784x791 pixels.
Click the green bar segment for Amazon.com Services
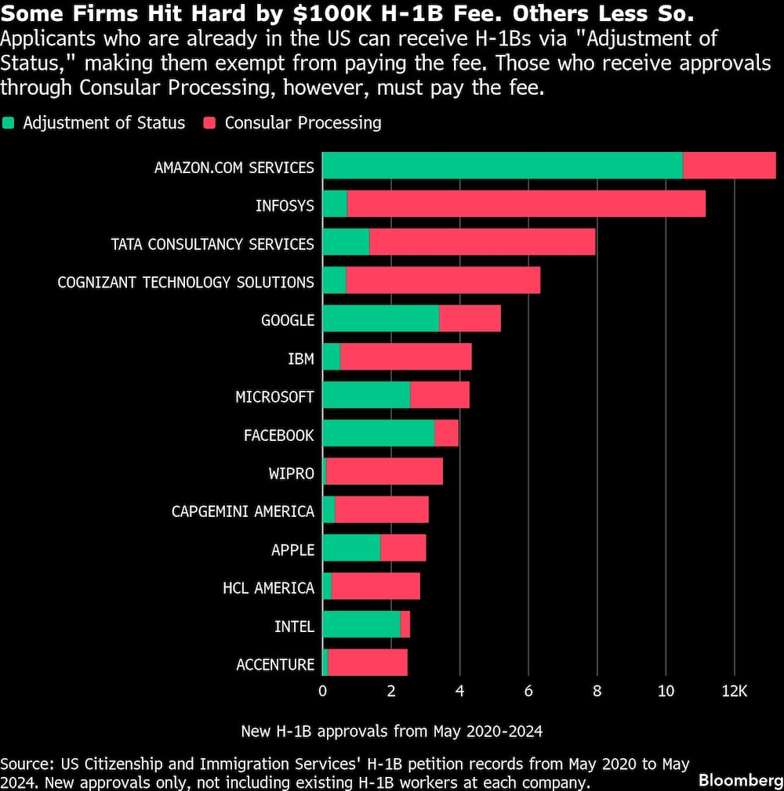[502, 166]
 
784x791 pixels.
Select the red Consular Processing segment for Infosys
[525, 204]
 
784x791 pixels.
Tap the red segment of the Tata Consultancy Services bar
[482, 243]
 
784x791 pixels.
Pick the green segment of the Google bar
[380, 320]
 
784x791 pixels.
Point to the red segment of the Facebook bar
[446, 434]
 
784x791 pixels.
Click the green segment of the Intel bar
[361, 625]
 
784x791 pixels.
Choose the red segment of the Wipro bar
[384, 472]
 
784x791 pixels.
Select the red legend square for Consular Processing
[209, 123]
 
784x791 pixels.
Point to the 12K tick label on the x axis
[735, 692]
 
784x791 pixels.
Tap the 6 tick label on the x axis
[528, 692]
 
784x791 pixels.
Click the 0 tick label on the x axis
[322, 692]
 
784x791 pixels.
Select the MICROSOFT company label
[274, 397]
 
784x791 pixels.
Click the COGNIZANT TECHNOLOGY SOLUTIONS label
[186, 282]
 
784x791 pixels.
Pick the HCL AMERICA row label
[268, 588]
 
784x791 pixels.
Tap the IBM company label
[301, 359]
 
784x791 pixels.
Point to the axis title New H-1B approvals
[391, 731]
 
